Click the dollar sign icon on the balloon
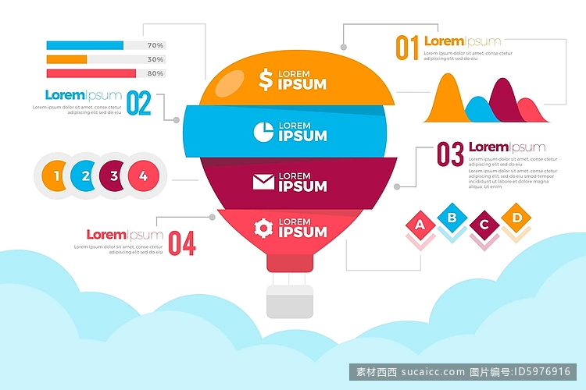tap(266, 80)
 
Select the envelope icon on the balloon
tap(264, 182)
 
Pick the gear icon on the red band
tap(264, 228)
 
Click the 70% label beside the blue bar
tap(155, 45)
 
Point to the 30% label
tap(155, 59)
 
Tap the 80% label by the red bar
tap(155, 73)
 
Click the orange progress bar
tap(66, 59)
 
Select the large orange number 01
tap(407, 48)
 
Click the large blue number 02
tap(138, 103)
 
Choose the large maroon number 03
tap(450, 154)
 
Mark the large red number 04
tap(182, 243)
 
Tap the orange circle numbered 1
tap(54, 175)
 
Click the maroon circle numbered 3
tap(113, 175)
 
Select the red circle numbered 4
tap(143, 175)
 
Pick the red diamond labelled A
tap(420, 225)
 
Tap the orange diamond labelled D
tap(516, 216)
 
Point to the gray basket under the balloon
tap(290, 301)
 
